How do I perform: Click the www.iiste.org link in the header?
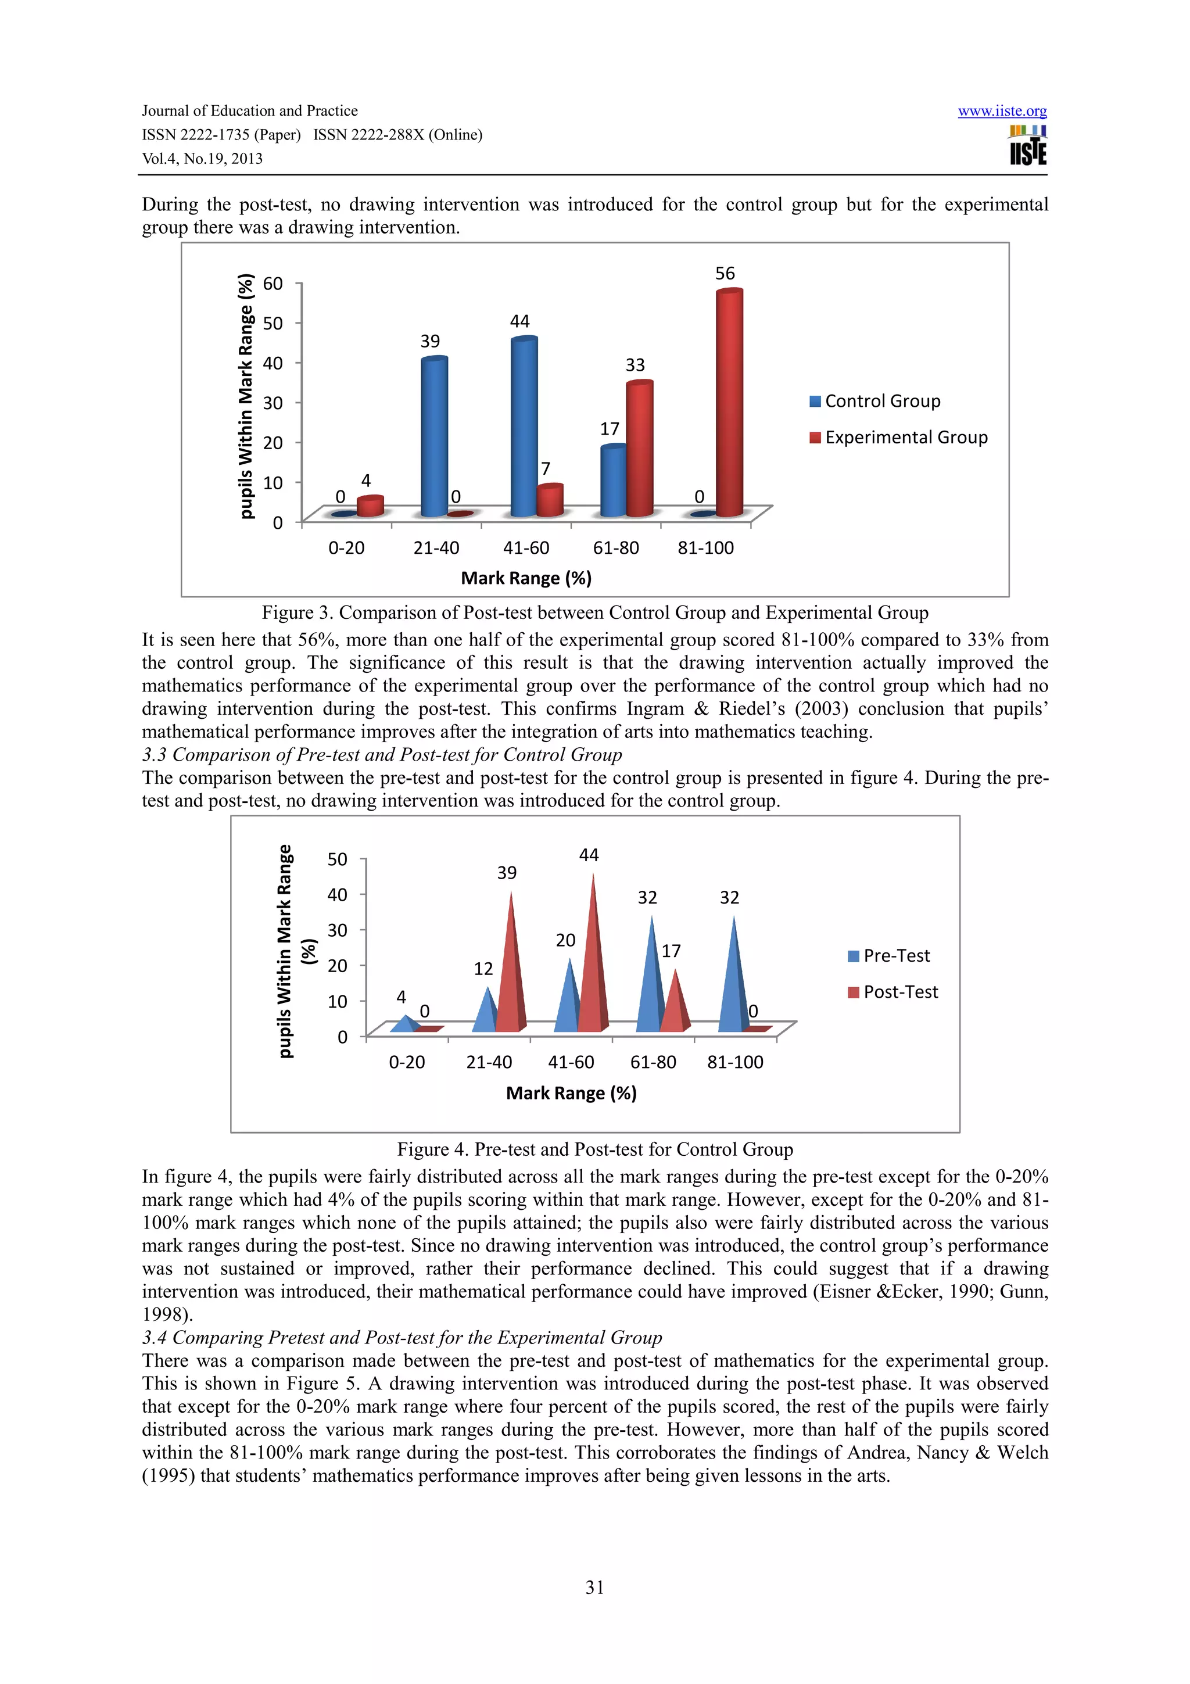1002,112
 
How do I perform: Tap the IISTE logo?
1028,146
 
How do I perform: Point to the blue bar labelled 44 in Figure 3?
524,427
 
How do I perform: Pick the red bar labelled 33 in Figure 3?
639,449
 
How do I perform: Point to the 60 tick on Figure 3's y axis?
273,284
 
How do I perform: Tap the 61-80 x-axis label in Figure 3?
615,548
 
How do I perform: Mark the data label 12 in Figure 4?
483,969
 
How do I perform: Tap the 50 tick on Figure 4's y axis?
337,859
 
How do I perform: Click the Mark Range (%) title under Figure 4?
571,1093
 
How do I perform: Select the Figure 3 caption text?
594,613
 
